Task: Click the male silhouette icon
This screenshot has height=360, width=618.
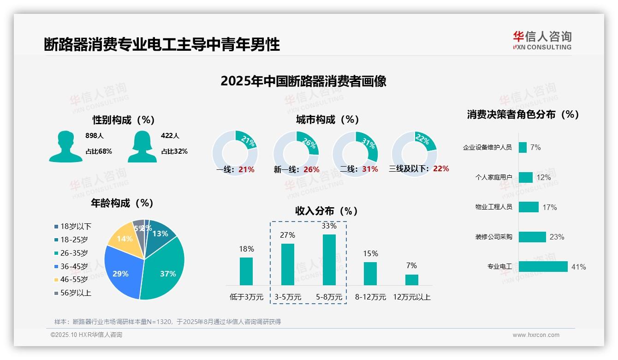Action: pos(65,147)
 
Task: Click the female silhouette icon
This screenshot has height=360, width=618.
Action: pos(142,147)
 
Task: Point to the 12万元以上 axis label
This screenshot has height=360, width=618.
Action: pos(411,297)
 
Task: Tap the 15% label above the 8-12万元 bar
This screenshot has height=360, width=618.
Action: pos(370,253)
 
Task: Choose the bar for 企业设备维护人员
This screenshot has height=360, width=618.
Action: pos(523,147)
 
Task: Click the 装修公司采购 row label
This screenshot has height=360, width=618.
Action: pos(493,237)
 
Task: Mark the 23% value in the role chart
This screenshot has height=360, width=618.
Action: pos(557,237)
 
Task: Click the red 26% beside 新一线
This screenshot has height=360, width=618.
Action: pos(311,169)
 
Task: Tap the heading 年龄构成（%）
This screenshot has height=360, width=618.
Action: pos(122,203)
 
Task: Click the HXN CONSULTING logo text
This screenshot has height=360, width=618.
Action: pos(542,47)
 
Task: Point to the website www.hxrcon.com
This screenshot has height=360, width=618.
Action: pos(536,335)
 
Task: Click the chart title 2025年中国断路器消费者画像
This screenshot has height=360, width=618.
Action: pos(303,81)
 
